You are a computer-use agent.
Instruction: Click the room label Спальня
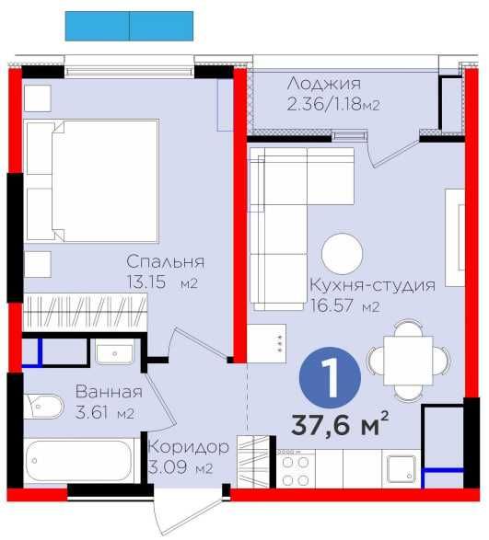click(165, 262)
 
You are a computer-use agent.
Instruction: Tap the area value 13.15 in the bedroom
click(146, 282)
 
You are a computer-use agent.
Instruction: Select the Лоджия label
click(324, 84)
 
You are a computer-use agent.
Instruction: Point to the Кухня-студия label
click(372, 285)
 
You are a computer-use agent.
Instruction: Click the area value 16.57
click(332, 305)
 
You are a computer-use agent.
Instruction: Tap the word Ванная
click(109, 392)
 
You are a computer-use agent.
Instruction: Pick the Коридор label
click(188, 447)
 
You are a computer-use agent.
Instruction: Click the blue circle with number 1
click(330, 377)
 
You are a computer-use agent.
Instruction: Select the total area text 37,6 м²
click(340, 423)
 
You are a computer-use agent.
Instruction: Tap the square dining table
click(408, 361)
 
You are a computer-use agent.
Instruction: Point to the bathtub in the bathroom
click(79, 461)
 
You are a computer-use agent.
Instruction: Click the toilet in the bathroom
click(43, 407)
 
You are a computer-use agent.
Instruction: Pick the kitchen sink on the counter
click(402, 469)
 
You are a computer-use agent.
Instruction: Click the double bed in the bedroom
click(93, 181)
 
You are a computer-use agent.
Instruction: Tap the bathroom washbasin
click(114, 354)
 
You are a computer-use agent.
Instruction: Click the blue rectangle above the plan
click(129, 26)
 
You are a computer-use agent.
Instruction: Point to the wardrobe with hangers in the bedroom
click(85, 312)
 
